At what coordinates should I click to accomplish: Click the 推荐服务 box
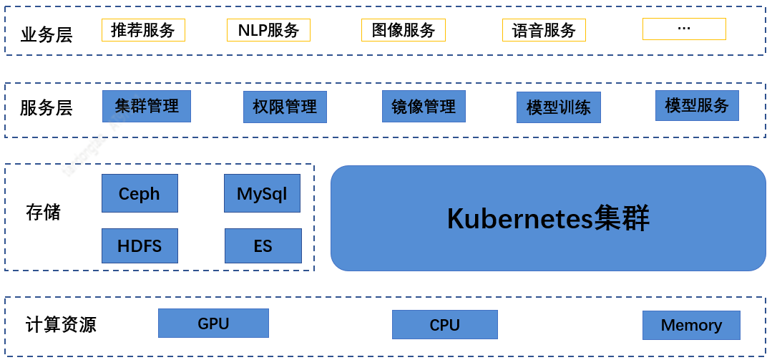(x=143, y=30)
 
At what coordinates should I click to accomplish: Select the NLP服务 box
(x=268, y=30)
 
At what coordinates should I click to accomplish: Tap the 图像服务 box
(x=404, y=30)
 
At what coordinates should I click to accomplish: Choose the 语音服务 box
(x=544, y=30)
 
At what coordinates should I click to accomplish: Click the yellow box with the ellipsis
(x=684, y=29)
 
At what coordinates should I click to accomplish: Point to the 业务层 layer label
(x=47, y=35)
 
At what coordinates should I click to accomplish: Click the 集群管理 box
(x=146, y=107)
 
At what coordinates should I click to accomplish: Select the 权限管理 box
(x=285, y=107)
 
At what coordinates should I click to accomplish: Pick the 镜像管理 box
(x=424, y=107)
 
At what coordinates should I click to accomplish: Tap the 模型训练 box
(x=559, y=107)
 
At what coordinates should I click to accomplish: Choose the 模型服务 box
(x=697, y=105)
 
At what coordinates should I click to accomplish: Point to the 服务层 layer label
(x=46, y=108)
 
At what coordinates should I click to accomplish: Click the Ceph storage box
(x=140, y=193)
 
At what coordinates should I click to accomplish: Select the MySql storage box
(x=262, y=193)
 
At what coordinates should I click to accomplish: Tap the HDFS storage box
(x=140, y=245)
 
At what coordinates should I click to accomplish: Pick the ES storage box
(x=263, y=245)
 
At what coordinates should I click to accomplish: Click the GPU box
(x=214, y=323)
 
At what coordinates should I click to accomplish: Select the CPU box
(x=445, y=324)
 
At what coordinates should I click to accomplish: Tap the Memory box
(x=691, y=325)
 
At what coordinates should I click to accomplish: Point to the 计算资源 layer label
(x=61, y=324)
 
